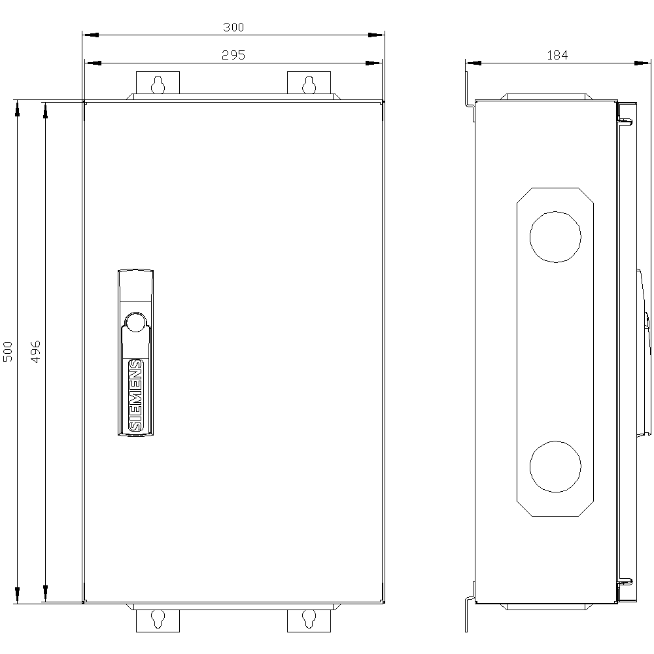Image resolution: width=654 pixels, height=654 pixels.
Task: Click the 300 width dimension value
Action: [233, 27]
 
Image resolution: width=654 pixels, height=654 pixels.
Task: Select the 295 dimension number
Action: [233, 56]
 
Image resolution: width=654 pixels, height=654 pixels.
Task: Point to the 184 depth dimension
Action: [557, 56]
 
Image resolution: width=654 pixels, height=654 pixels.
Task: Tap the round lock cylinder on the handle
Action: [135, 322]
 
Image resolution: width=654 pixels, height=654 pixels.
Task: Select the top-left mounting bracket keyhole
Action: [158, 84]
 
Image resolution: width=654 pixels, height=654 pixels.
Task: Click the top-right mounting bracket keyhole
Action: [309, 84]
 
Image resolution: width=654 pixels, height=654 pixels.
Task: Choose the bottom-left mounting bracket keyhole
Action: [158, 619]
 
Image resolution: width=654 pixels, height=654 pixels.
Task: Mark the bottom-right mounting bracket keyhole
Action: [309, 619]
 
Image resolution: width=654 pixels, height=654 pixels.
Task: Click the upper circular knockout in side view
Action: [555, 236]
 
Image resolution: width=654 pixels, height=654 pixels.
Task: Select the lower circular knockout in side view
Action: [555, 467]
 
